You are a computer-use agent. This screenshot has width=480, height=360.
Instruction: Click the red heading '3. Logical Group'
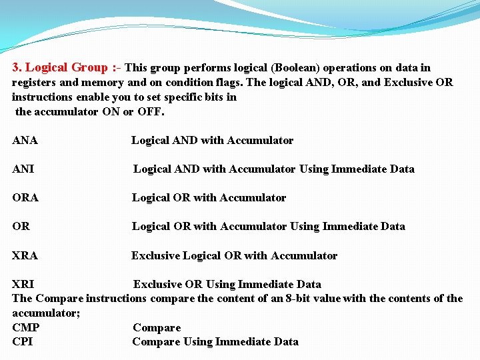(x=59, y=67)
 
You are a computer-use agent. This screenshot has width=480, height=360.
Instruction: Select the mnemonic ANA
(x=25, y=140)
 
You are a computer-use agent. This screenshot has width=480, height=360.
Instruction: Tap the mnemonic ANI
(x=23, y=169)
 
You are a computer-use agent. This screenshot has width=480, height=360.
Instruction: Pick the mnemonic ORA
(x=25, y=197)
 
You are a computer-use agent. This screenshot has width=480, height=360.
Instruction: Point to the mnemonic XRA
(x=25, y=255)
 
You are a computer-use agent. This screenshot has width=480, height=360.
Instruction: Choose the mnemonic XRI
(x=23, y=284)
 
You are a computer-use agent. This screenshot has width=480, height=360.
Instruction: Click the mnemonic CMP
(x=26, y=327)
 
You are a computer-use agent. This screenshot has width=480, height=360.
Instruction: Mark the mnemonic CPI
(x=23, y=342)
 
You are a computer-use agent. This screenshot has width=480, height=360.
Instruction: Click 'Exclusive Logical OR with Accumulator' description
(x=234, y=255)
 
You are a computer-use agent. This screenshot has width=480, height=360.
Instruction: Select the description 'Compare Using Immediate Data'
(x=215, y=342)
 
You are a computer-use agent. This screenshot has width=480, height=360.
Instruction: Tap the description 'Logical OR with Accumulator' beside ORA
(x=209, y=197)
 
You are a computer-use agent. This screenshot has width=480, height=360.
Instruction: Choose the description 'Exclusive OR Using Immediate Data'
(x=227, y=284)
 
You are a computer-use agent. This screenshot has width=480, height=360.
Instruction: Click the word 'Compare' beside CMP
(x=157, y=327)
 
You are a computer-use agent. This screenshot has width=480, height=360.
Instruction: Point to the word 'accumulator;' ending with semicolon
(x=47, y=313)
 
